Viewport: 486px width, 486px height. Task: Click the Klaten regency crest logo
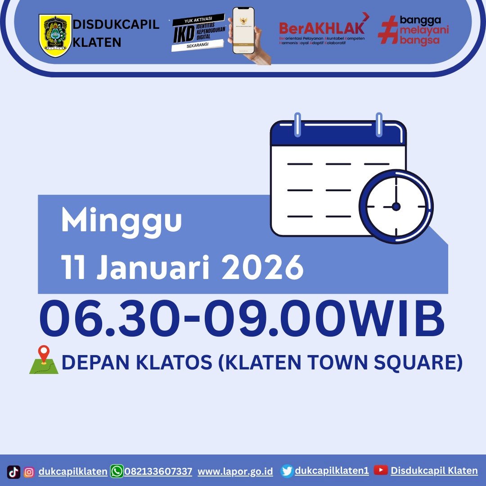[55, 35]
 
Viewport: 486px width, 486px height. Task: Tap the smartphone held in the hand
[243, 31]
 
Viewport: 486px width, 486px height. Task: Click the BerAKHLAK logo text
[321, 28]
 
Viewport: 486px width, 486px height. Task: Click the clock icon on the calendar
[396, 207]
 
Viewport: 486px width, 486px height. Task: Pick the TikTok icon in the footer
[14, 472]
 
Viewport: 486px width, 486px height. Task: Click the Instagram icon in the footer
[29, 472]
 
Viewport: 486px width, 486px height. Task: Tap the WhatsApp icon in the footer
[117, 471]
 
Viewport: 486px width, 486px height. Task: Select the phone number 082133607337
[158, 472]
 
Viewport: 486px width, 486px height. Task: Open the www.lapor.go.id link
[235, 472]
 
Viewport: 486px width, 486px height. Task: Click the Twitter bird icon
[287, 471]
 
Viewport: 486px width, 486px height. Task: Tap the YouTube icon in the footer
[381, 470]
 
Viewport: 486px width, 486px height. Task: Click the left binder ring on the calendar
[297, 124]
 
